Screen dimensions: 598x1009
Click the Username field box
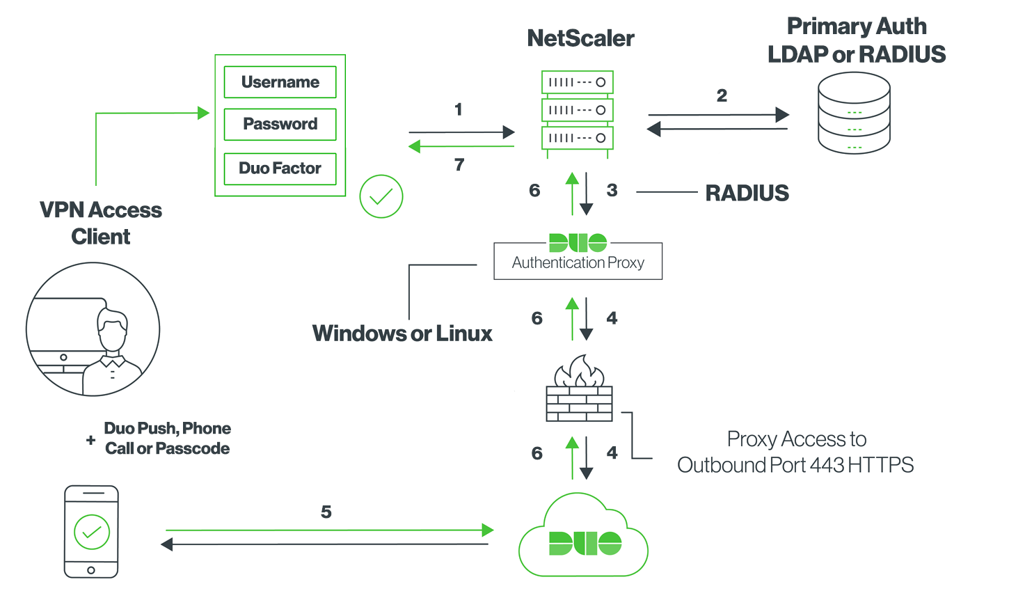pos(280,82)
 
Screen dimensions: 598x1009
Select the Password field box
pos(280,124)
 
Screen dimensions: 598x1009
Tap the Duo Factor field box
pos(280,168)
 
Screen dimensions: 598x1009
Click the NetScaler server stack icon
pos(578,110)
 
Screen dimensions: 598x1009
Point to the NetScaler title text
pos(580,38)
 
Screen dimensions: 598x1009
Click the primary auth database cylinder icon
pos(854,113)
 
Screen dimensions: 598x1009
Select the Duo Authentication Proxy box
pos(578,260)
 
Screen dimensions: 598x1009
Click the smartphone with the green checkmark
pos(91,531)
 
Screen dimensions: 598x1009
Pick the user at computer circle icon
pos(93,329)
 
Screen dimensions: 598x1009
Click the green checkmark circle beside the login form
pos(381,196)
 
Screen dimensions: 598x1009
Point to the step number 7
pos(459,165)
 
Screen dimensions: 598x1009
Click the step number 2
pos(722,96)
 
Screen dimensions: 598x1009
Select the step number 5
pos(326,512)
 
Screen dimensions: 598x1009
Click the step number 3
pos(612,191)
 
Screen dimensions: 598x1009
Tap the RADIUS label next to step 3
pos(747,193)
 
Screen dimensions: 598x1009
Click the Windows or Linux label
pos(402,333)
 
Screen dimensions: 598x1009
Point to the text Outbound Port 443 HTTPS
pos(795,465)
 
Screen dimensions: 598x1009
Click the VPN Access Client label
pos(101,223)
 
